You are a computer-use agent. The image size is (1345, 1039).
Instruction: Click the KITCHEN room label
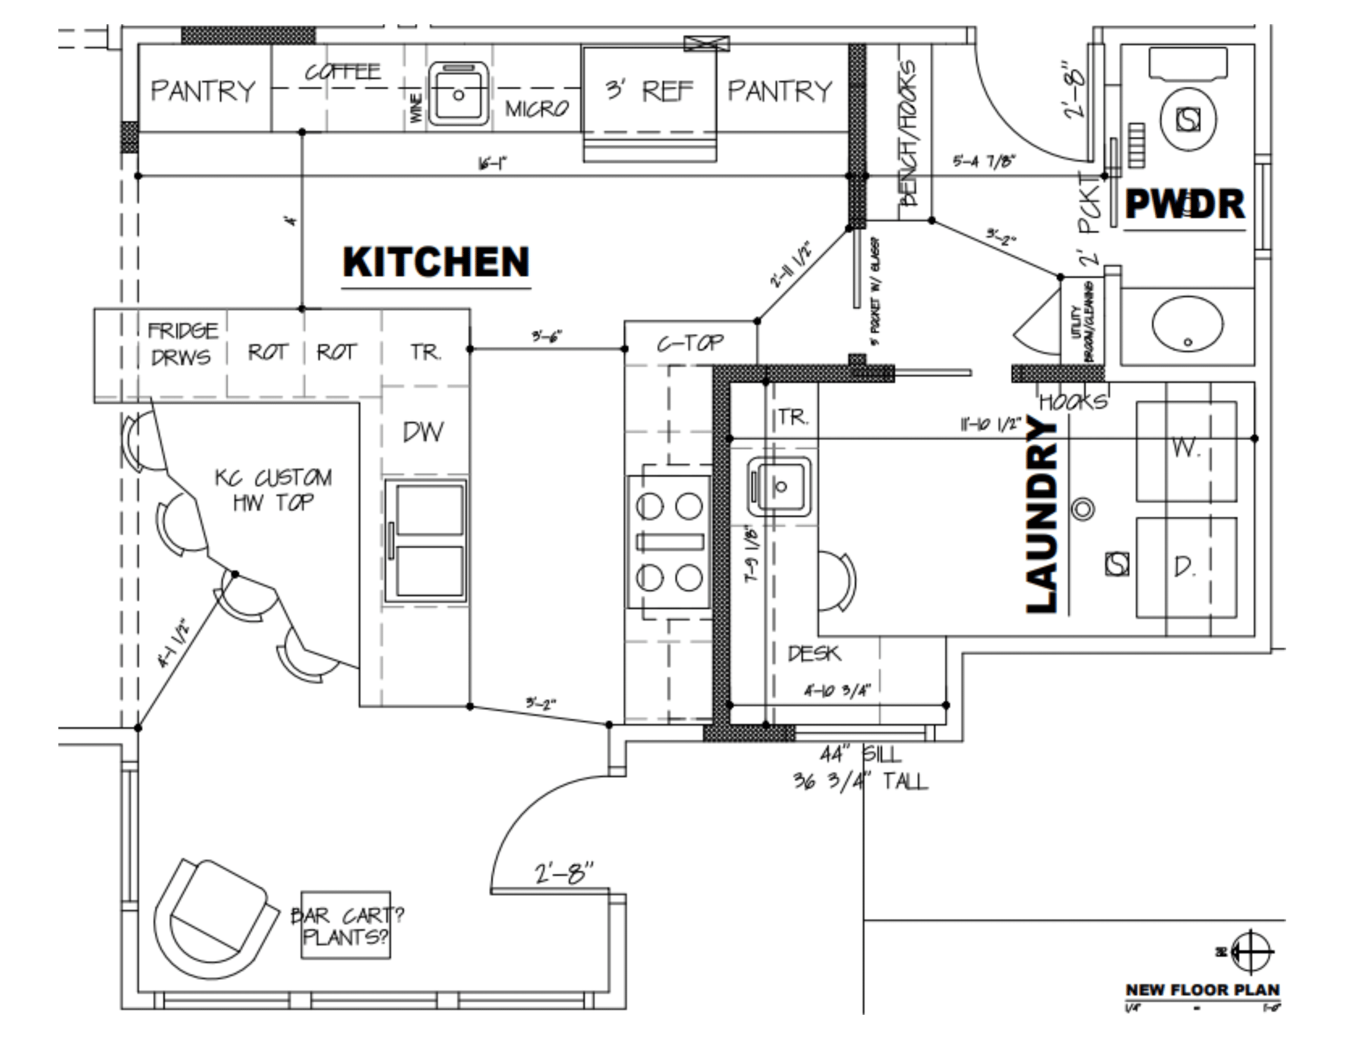[x=436, y=262]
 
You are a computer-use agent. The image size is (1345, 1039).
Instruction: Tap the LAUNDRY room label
[x=1042, y=515]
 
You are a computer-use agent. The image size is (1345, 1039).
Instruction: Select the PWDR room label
[x=1184, y=204]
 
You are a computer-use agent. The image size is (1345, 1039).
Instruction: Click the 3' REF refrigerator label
[x=648, y=91]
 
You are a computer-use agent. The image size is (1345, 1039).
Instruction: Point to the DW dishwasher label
[x=422, y=432]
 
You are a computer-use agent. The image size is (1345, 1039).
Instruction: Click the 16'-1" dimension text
[x=492, y=163]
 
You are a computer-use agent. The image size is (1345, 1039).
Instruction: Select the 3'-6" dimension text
[x=547, y=336]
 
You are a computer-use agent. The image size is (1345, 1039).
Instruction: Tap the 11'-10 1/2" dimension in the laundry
[x=990, y=424]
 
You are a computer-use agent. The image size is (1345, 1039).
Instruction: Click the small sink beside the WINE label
[x=458, y=93]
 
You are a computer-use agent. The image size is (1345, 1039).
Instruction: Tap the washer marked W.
[x=1185, y=451]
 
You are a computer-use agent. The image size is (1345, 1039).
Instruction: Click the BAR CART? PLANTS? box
[x=346, y=925]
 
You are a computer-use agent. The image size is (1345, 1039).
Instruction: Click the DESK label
[x=813, y=653]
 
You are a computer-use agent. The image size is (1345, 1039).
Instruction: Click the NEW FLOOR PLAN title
[x=1202, y=990]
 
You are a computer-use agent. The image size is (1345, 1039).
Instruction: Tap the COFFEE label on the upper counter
[x=343, y=72]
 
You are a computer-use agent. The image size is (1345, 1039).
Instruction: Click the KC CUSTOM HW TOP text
[x=273, y=490]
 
